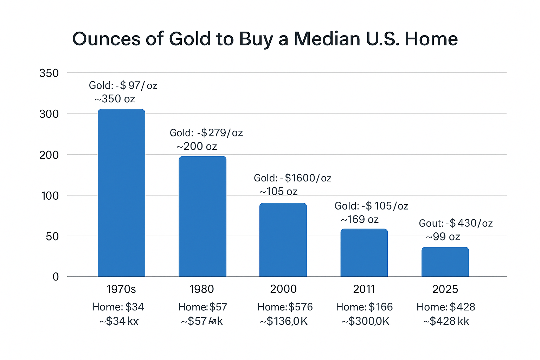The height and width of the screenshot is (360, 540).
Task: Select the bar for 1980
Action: coord(202,216)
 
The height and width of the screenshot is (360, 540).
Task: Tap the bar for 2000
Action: coord(283,240)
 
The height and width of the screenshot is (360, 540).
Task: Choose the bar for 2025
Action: coord(445,262)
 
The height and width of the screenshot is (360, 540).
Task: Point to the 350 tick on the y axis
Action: coord(49,73)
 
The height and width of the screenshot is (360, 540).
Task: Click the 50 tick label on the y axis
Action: coord(52,236)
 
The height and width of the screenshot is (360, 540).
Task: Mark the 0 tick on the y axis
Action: coord(56,277)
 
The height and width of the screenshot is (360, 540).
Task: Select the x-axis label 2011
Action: coord(364,289)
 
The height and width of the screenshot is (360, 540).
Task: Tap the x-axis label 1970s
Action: coord(121,289)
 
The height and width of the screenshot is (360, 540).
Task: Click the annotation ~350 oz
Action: coord(115,99)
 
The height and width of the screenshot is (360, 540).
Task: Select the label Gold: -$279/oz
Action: coord(206,133)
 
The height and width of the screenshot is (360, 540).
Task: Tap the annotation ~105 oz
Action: coord(278,191)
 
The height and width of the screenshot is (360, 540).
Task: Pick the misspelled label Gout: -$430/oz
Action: coord(456,223)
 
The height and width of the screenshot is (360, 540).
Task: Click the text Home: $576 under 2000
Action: coord(285,307)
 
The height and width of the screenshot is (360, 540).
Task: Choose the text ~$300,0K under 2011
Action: coord(366,321)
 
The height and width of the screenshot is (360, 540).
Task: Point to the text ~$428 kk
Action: coord(446,321)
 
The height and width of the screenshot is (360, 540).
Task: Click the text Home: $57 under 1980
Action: coord(203,307)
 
